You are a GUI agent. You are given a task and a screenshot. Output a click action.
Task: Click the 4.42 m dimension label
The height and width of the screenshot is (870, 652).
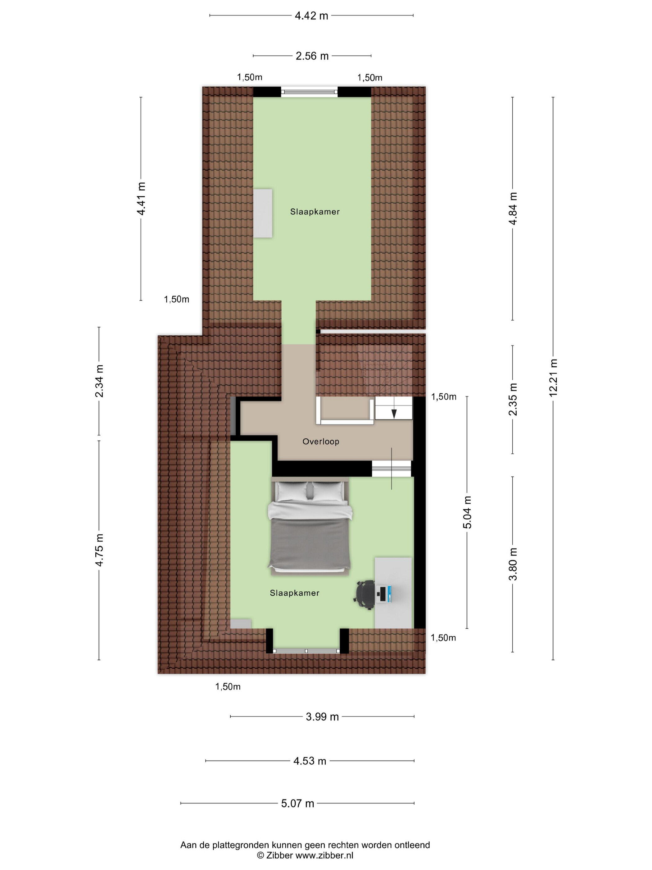[311, 16]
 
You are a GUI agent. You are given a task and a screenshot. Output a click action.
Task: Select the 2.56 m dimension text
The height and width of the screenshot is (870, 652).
[312, 56]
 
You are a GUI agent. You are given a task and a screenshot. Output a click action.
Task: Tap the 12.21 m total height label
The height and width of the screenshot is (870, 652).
[553, 378]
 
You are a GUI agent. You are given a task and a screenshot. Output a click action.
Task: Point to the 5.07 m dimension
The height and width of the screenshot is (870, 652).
[297, 803]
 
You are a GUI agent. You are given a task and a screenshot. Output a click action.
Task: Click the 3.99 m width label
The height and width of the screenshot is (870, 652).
[322, 717]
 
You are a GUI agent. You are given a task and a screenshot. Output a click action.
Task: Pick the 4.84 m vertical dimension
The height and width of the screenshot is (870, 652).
[513, 208]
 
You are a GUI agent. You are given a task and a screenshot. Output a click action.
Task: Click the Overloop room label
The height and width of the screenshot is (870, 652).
[321, 441]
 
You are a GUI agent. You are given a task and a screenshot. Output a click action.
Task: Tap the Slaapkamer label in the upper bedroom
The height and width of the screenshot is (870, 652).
[315, 212]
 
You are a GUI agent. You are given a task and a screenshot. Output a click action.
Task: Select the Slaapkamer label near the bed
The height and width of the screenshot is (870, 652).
[294, 593]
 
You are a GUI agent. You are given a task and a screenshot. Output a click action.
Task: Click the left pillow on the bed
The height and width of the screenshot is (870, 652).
[291, 491]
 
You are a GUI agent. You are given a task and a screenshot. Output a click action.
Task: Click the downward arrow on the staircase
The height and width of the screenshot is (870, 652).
[394, 413]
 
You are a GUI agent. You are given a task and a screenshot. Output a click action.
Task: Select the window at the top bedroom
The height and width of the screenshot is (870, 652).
[309, 92]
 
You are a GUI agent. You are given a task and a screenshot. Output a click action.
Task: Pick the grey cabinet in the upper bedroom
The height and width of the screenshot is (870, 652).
[263, 213]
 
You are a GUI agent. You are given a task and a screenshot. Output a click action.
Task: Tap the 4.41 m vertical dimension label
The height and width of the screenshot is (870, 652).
[141, 199]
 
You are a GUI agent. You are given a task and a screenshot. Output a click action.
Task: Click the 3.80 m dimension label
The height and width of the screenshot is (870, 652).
[513, 564]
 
